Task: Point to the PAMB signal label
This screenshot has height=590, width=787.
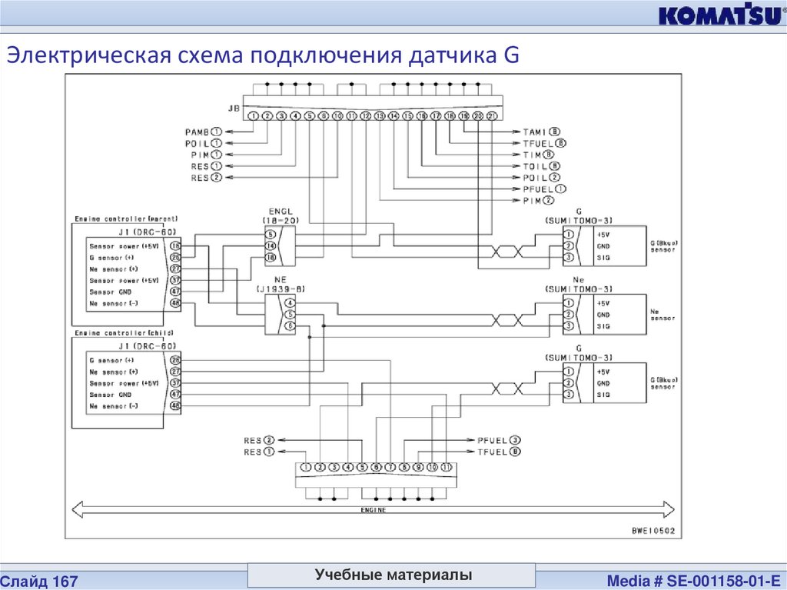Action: point(198,132)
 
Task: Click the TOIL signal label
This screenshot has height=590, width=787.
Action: point(535,165)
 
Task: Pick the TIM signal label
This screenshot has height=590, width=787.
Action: point(533,154)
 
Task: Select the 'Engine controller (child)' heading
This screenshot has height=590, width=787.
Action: point(123,333)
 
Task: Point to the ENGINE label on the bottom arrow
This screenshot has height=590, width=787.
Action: point(374,510)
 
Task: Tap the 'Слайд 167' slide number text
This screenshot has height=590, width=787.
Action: point(43,578)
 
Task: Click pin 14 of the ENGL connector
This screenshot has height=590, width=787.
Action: point(270,245)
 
